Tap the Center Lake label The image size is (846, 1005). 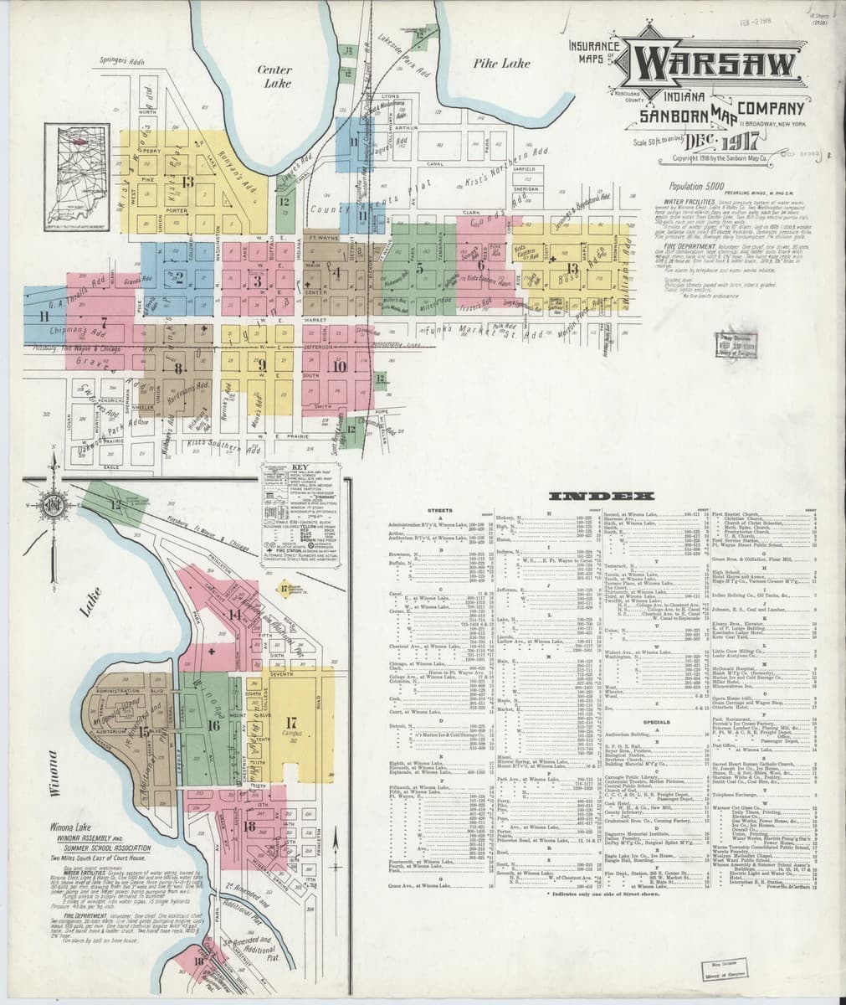(274, 76)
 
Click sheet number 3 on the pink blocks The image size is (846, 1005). (259, 281)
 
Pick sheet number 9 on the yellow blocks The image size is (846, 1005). (261, 364)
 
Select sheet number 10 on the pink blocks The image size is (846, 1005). (339, 365)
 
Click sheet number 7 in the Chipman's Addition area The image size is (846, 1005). (104, 322)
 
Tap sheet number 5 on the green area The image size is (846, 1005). (421, 269)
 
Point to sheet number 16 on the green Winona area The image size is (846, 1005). (213, 724)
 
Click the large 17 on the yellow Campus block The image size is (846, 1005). (291, 722)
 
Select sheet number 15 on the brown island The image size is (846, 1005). (143, 730)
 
